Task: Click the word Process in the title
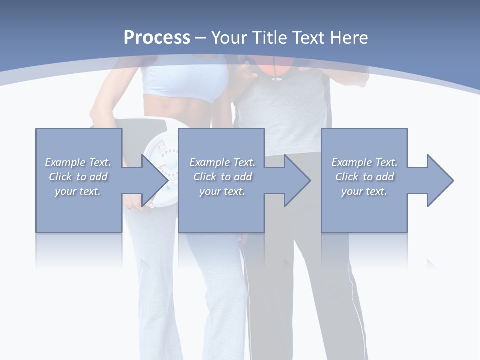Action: [157, 37]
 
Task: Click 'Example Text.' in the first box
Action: [78, 162]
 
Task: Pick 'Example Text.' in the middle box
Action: [222, 162]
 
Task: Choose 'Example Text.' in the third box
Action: [364, 162]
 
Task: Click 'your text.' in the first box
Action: [78, 191]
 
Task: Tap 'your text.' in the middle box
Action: [222, 191]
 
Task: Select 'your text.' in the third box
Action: [364, 191]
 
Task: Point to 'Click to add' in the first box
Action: [78, 177]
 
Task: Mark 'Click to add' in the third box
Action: [364, 177]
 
